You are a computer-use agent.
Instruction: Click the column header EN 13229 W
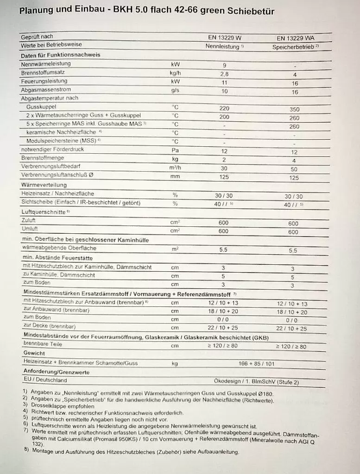[224, 37]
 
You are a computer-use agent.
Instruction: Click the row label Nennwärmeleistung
[46, 63]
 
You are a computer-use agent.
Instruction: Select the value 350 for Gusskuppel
[294, 110]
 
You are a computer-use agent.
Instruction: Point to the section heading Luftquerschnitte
[43, 211]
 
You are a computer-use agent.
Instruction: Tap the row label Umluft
[30, 229]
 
